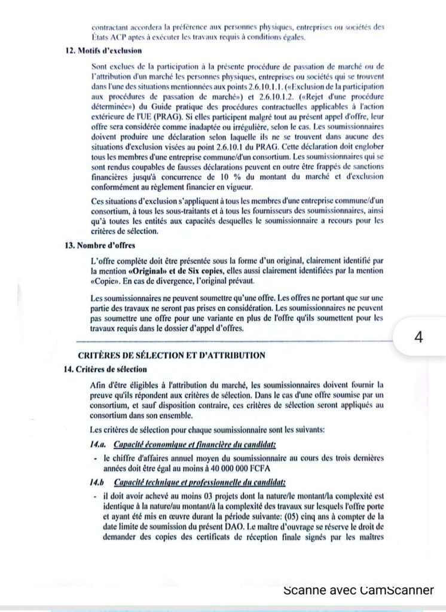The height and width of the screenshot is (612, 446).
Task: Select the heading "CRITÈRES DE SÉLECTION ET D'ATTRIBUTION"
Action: click(x=172, y=355)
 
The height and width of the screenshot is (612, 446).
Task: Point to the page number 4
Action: click(x=418, y=337)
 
